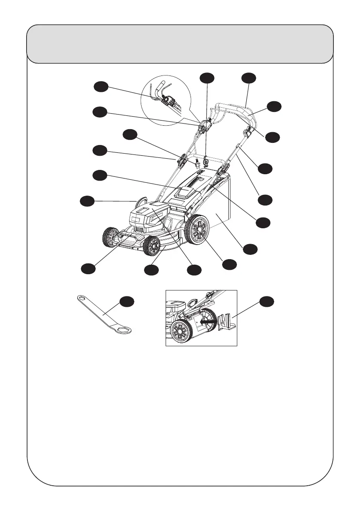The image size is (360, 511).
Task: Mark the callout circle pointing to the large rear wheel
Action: tap(230, 264)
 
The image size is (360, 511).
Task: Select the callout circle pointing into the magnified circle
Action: tap(101, 87)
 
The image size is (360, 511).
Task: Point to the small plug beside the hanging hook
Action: tap(196, 163)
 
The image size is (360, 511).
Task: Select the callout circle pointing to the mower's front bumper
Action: tap(88, 268)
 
